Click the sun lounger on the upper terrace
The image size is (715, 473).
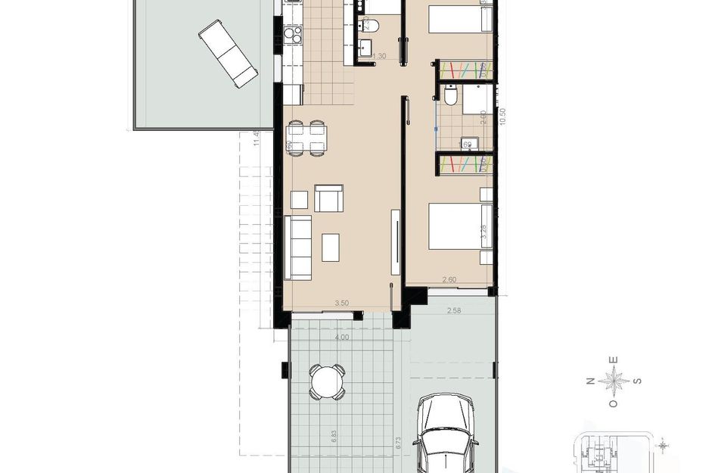pyautogui.click(x=228, y=53)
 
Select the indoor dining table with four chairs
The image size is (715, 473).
pyautogui.click(x=307, y=137)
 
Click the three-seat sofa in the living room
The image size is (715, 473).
pyautogui.click(x=298, y=247)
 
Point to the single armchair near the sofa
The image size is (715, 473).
pyautogui.click(x=328, y=198)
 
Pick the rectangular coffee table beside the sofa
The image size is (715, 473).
pyautogui.click(x=331, y=247)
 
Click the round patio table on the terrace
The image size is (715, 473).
pyautogui.click(x=327, y=381)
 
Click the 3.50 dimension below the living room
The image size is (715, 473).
pyautogui.click(x=341, y=303)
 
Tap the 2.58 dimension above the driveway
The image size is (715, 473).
pyautogui.click(x=454, y=310)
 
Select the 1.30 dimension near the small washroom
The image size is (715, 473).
pyautogui.click(x=381, y=56)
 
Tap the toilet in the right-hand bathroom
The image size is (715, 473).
pyautogui.click(x=450, y=96)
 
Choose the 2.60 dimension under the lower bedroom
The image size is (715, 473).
pyautogui.click(x=449, y=280)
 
